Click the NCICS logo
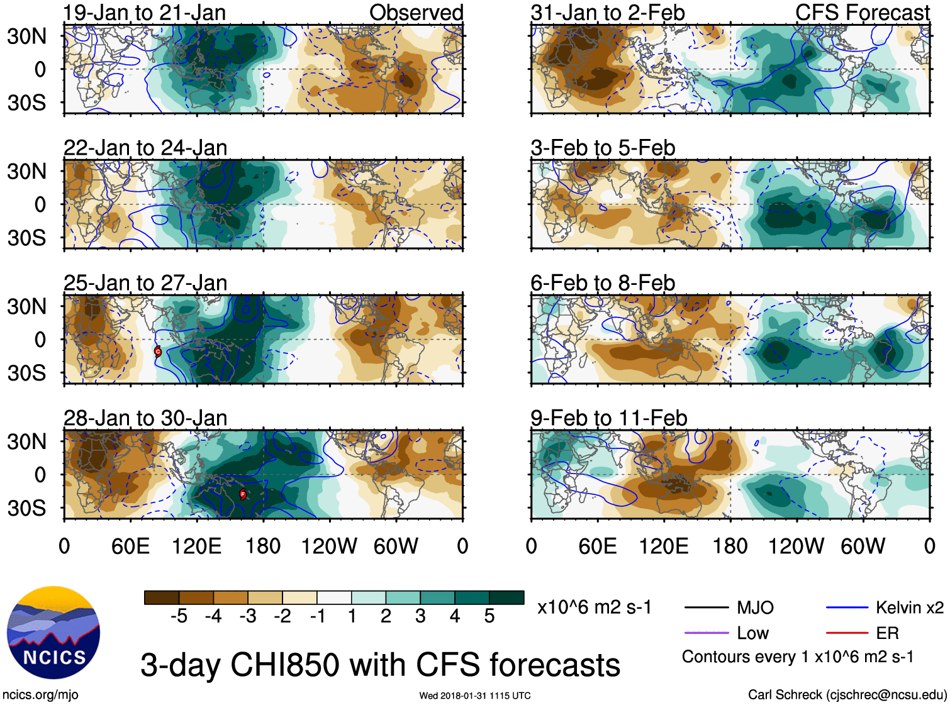pos(53,633)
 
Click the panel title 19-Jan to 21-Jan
pos(145,13)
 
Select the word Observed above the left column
pos(416,13)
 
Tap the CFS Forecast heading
pos(862,13)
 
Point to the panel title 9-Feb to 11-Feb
pos(608,418)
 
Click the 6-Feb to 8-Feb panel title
pos(603,283)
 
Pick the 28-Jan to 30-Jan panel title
pos(145,418)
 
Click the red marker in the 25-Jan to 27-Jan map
pos(158,352)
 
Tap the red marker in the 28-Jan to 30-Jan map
pos(243,494)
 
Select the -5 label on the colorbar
pos(179,616)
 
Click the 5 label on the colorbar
pos(489,616)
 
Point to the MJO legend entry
pos(755,608)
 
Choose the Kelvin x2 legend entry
pos(909,608)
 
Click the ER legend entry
pos(887,633)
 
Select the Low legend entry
pos(752,633)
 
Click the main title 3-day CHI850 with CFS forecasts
pos(380,665)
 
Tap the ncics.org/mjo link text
pos(40,695)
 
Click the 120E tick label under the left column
pos(197,546)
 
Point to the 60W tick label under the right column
pos(863,546)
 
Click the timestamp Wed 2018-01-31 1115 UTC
pos(475,696)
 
